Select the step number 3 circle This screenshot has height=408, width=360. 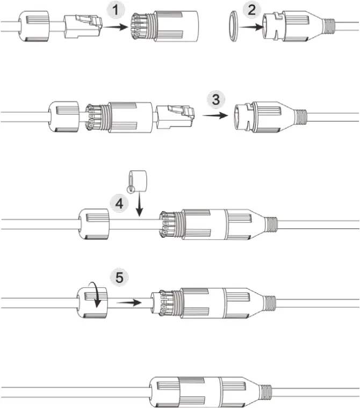pyautogui.click(x=215, y=100)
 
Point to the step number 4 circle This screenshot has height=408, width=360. pyautogui.click(x=119, y=203)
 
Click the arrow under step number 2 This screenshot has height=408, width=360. pyautogui.click(x=250, y=25)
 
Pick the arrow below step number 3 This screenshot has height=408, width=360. pyautogui.click(x=215, y=114)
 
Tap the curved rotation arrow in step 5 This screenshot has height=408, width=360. pyautogui.click(x=97, y=296)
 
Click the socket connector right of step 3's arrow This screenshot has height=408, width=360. pyautogui.click(x=266, y=114)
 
